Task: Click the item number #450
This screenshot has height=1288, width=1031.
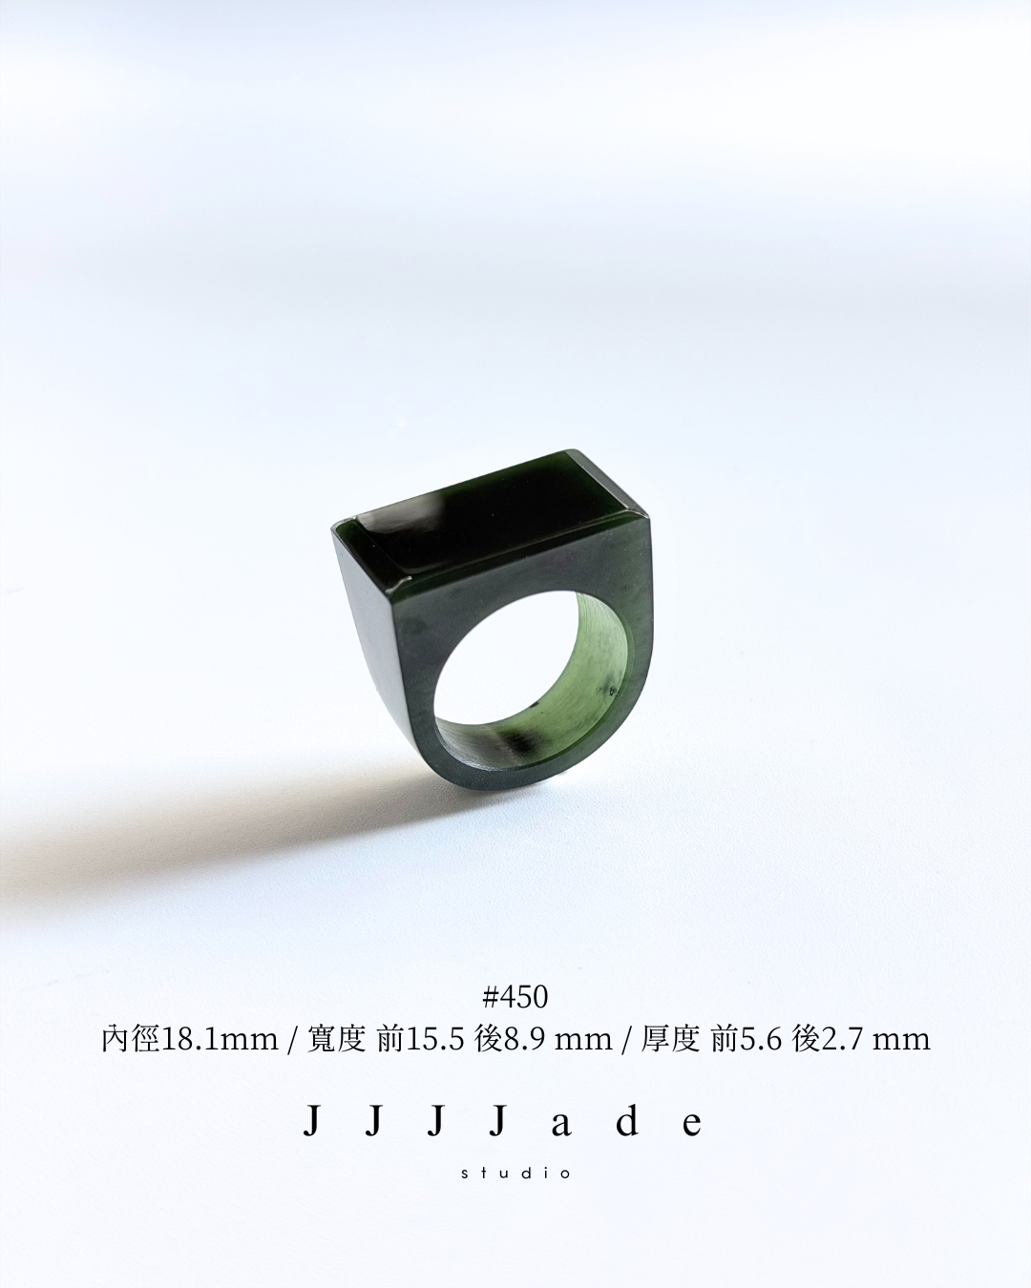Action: click(515, 997)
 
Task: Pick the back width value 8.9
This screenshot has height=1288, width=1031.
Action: click(525, 1040)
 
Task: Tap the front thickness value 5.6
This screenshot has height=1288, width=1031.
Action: click(762, 1040)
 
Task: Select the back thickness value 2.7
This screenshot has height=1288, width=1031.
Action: click(843, 1040)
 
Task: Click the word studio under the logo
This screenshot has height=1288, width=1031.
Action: click(515, 1173)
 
